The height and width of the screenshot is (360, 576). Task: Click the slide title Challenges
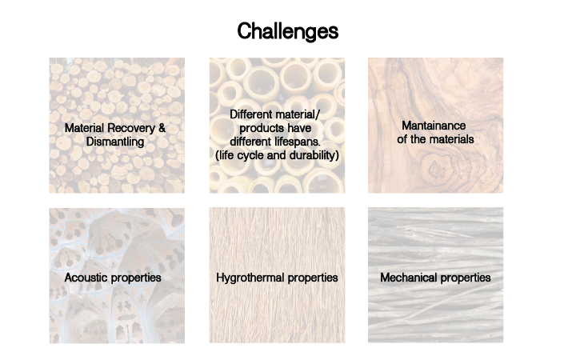(288, 31)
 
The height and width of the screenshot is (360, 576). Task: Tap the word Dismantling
(115, 142)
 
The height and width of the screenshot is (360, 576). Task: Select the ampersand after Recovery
(162, 128)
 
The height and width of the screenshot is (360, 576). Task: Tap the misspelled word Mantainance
(434, 126)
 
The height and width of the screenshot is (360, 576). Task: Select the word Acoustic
(86, 278)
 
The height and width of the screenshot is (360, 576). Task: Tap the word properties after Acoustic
(135, 278)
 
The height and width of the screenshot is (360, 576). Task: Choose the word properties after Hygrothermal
(313, 278)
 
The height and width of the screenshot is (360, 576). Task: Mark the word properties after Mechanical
(466, 278)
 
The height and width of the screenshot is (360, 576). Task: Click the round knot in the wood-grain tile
(436, 168)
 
